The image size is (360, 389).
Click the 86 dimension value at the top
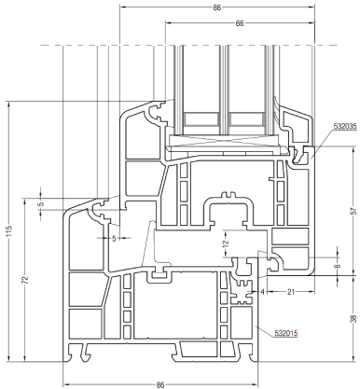click(x=216, y=7)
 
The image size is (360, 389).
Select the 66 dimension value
click(x=240, y=23)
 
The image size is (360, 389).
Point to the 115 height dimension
click(x=9, y=231)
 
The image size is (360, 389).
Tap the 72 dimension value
click(x=26, y=280)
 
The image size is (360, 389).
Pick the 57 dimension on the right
click(x=354, y=211)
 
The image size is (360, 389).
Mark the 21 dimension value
click(x=291, y=292)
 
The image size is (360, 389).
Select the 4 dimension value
click(x=262, y=292)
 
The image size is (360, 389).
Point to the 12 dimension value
click(x=226, y=243)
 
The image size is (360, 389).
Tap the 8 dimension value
click(x=339, y=266)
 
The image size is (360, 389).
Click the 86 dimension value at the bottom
click(x=160, y=384)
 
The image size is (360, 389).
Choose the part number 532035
click(x=345, y=126)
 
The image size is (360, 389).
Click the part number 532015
click(x=286, y=333)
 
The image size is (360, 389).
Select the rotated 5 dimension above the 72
click(x=42, y=204)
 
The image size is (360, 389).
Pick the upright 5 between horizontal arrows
click(x=114, y=239)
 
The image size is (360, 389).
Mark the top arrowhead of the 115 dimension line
click(x=9, y=104)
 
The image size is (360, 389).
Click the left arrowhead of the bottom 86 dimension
click(x=66, y=384)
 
